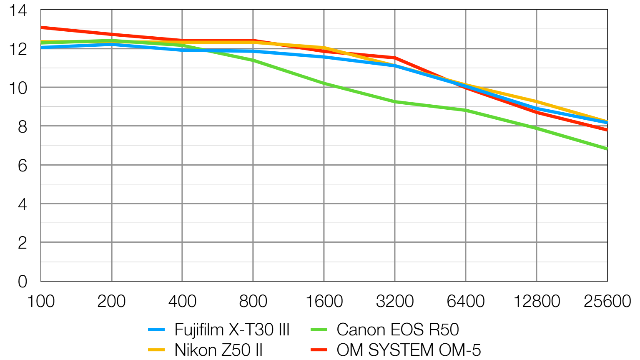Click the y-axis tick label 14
pyautogui.click(x=18, y=11)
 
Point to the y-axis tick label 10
pyautogui.click(x=18, y=88)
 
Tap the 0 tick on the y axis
pyautogui.click(x=23, y=282)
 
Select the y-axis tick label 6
pyautogui.click(x=23, y=166)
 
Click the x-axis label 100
pyautogui.click(x=40, y=301)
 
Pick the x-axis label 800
pyautogui.click(x=253, y=301)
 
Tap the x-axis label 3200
pyautogui.click(x=394, y=301)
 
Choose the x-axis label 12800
pyautogui.click(x=536, y=301)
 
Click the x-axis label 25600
pyautogui.click(x=607, y=301)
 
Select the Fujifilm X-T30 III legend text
pyautogui.click(x=232, y=330)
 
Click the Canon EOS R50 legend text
pyautogui.click(x=397, y=330)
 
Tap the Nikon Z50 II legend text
pyautogui.click(x=218, y=350)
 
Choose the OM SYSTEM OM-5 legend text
pyautogui.click(x=409, y=350)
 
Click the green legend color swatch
pyautogui.click(x=319, y=330)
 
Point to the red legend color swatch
pyautogui.click(x=319, y=350)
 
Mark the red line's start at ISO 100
pyautogui.click(x=41, y=28)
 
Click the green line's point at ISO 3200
pyautogui.click(x=395, y=101)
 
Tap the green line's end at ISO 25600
pyautogui.click(x=607, y=149)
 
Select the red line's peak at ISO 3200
pyautogui.click(x=395, y=58)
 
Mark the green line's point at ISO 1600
pyautogui.click(x=324, y=83)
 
